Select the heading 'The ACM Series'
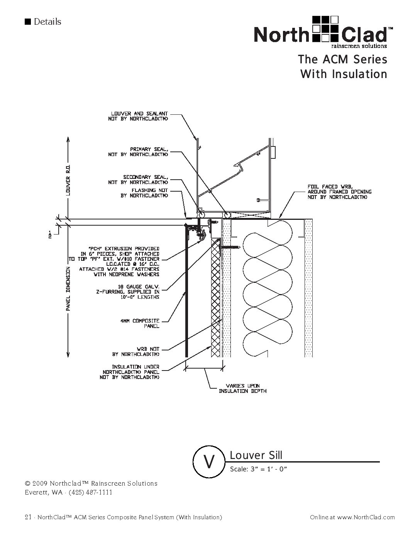[342, 60]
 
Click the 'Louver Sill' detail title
[256, 455]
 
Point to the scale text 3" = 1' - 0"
[259, 469]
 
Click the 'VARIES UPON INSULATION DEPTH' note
[242, 388]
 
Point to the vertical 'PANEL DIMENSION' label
[68, 289]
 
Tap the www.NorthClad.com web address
[366, 517]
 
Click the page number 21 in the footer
[27, 517]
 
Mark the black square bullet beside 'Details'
[27, 22]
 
